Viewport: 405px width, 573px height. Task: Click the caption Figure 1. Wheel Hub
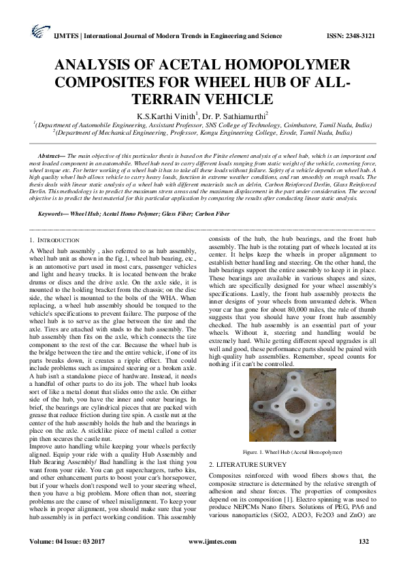point(290,452)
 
